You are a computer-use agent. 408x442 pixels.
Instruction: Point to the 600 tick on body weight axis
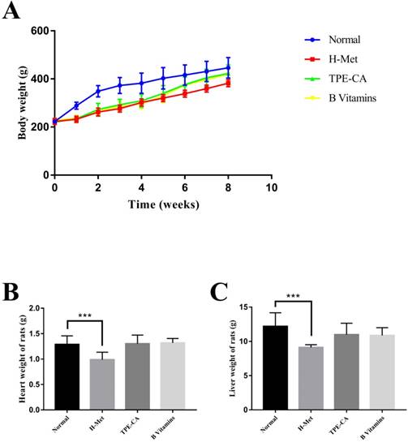tap(38, 31)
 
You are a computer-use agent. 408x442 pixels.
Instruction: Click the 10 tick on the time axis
tap(272, 187)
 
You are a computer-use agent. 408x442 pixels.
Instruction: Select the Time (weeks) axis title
tap(162, 205)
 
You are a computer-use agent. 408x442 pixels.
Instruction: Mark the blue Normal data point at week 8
tap(228, 68)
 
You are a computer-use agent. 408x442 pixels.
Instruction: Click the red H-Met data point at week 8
tap(228, 83)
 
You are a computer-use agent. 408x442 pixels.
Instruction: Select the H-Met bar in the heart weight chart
tap(101, 369)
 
